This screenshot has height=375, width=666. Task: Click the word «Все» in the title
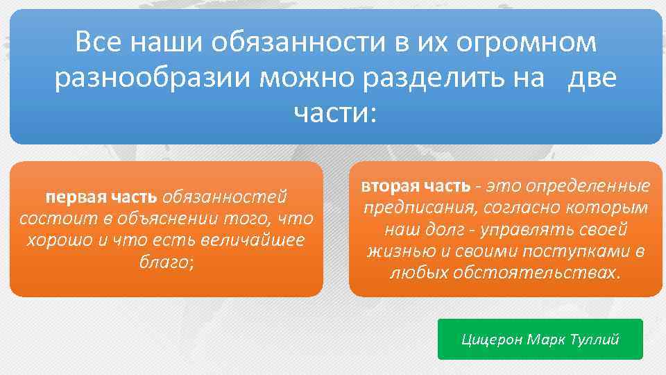click(96, 43)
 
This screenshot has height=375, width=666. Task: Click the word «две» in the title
click(592, 78)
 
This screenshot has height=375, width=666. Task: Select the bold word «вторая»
click(389, 186)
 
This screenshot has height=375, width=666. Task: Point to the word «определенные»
click(588, 186)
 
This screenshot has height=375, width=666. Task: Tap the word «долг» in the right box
click(451, 229)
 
